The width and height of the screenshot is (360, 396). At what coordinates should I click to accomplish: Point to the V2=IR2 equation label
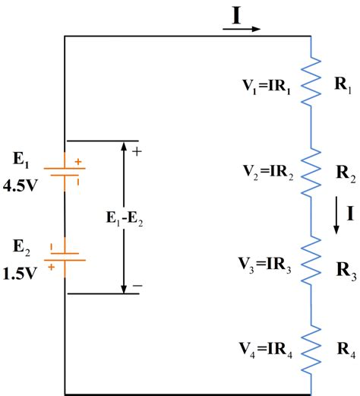(x=264, y=168)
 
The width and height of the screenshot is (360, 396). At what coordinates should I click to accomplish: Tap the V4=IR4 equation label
(x=264, y=351)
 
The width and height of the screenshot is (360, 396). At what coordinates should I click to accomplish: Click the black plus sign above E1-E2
(x=137, y=151)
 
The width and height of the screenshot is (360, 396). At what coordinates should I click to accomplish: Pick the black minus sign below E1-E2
(x=137, y=286)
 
